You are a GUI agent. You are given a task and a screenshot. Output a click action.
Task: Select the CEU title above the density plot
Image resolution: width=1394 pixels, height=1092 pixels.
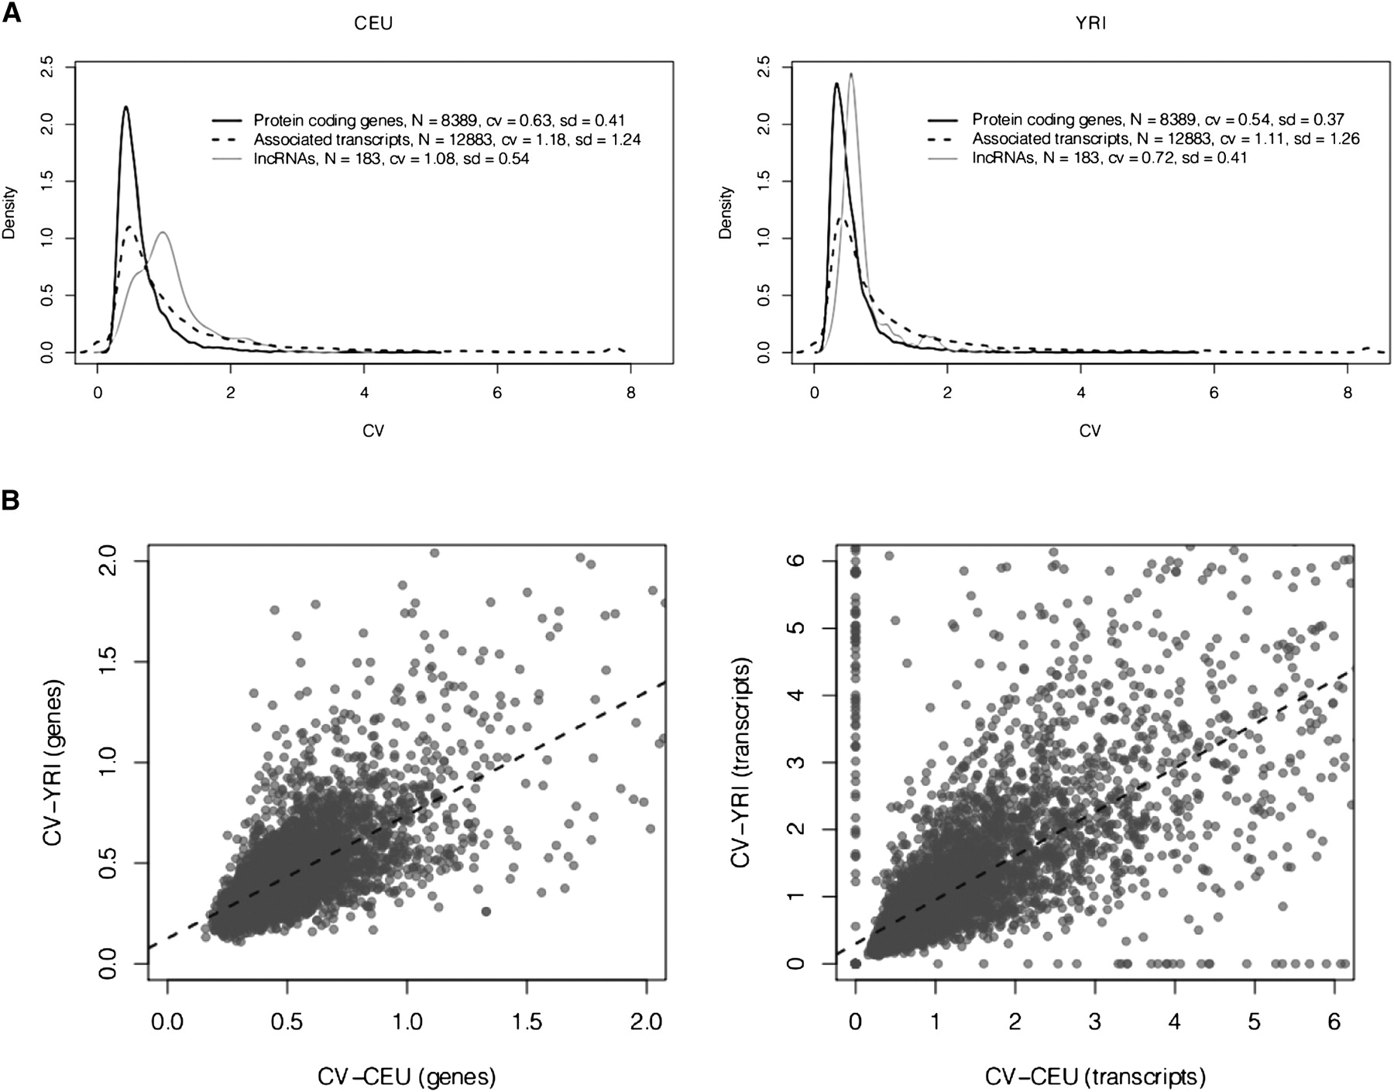point(373,23)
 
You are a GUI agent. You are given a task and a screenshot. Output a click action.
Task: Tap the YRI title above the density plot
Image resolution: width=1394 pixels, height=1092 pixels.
point(1090,23)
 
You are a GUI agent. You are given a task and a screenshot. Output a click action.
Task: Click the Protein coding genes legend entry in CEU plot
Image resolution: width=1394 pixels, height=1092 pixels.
point(439,120)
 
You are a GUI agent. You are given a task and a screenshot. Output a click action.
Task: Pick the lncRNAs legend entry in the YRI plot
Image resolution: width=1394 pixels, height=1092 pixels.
point(1109,159)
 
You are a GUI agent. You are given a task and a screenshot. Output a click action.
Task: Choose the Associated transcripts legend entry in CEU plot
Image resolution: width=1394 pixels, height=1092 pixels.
point(447,139)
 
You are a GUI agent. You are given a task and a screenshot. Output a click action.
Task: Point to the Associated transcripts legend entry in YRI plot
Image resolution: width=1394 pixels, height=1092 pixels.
point(1166,139)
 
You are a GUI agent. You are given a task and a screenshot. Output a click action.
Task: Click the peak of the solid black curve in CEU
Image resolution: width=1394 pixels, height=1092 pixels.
point(125,108)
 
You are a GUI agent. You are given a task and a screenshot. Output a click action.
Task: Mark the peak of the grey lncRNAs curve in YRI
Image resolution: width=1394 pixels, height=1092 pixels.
point(851,74)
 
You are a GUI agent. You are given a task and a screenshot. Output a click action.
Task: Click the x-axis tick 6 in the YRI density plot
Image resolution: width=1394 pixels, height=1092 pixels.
point(1214,393)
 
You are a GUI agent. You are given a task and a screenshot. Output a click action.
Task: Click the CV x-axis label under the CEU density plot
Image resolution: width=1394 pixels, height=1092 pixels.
point(373,431)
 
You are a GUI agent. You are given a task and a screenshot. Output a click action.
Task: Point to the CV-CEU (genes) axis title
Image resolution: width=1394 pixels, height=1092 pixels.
point(406,1076)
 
